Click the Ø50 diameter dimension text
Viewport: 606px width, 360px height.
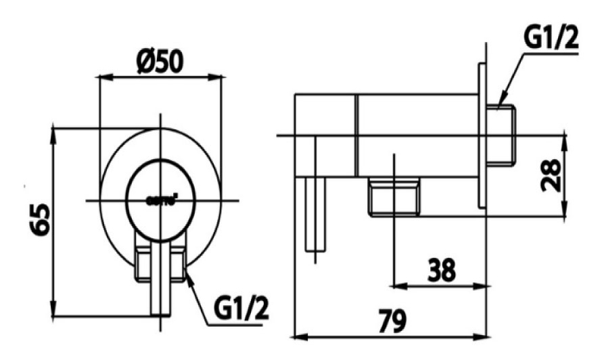(160, 62)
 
